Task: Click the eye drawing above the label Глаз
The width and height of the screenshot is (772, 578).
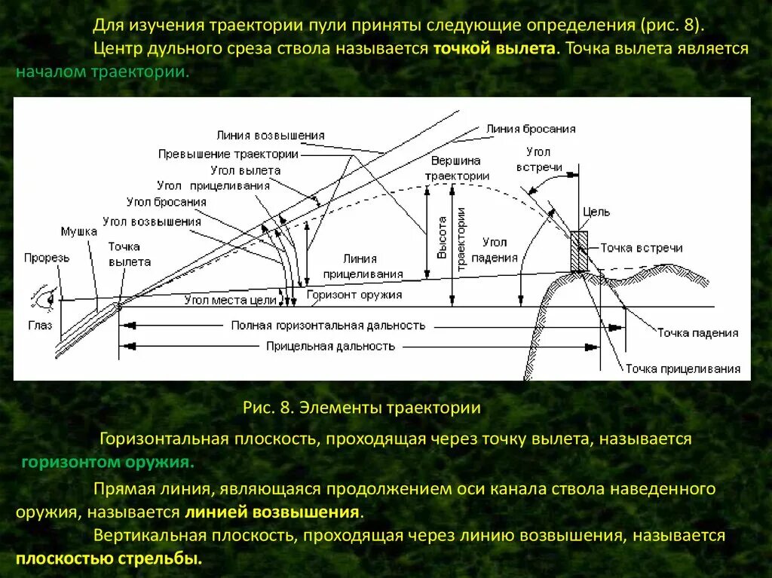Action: click(x=42, y=300)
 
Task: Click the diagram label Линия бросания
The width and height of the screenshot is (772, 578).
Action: click(x=531, y=129)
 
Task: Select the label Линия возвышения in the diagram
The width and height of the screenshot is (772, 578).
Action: click(x=270, y=136)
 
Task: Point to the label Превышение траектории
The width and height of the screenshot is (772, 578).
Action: click(x=228, y=154)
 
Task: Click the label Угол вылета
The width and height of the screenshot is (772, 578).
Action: click(x=245, y=170)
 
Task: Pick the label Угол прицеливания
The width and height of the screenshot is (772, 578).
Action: click(x=213, y=185)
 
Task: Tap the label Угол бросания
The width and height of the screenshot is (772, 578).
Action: click(x=167, y=202)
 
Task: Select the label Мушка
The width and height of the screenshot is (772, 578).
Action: click(x=79, y=231)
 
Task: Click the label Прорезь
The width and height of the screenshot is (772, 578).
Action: click(x=47, y=258)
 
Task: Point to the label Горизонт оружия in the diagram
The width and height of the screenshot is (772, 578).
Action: click(x=354, y=295)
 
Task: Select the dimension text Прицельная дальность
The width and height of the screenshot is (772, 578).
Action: click(x=330, y=346)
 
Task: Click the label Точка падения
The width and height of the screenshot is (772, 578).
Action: click(x=697, y=332)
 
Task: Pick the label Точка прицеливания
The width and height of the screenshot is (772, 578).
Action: click(x=682, y=369)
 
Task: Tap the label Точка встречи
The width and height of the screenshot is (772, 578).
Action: click(x=641, y=248)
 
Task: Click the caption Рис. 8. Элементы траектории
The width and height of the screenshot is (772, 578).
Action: click(x=361, y=408)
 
